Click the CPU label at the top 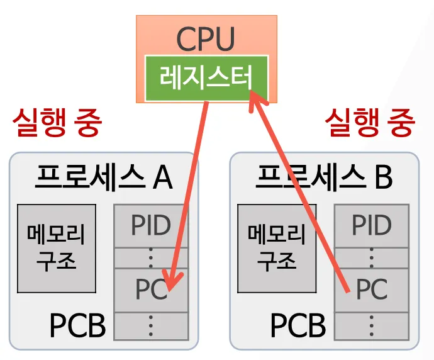coord(206,38)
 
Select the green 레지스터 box coord(206,78)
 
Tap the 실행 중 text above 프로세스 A coord(57,123)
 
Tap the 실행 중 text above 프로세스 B coord(370,123)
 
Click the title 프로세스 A coord(103,177)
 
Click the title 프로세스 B coord(324,177)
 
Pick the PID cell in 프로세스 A coord(151,225)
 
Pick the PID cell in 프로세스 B coord(371,225)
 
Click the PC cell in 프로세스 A coord(151,290)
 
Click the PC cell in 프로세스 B coord(371,290)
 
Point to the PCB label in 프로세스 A coord(77,325)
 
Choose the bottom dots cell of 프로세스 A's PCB coord(151,325)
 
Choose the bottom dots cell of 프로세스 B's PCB coord(371,325)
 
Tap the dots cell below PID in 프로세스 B coord(371,257)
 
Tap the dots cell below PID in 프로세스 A coord(151,257)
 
